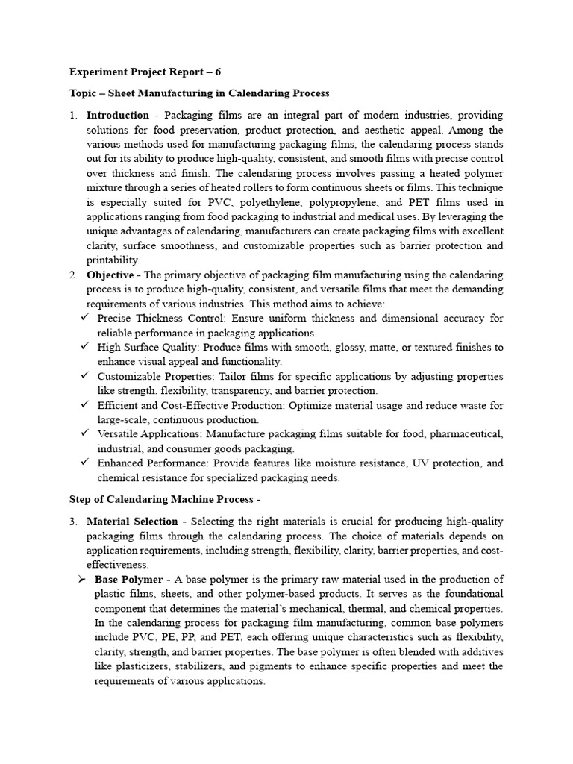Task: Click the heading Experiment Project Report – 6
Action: point(145,72)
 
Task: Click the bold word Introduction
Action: point(118,116)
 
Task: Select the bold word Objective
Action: point(111,275)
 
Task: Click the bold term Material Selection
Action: point(132,522)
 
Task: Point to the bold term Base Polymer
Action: point(128,580)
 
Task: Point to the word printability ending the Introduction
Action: point(113,260)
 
